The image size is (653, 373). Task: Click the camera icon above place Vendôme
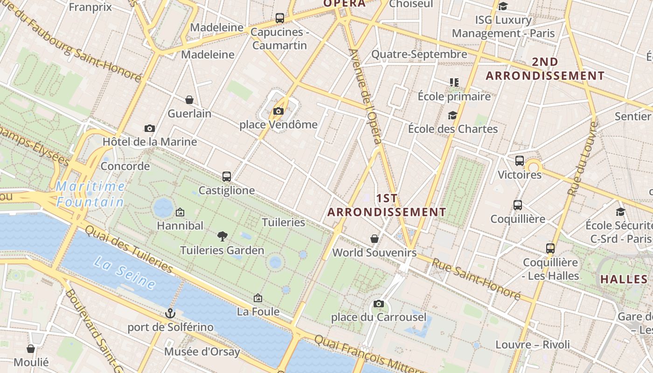pos(278,111)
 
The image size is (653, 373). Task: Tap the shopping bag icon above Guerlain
pos(189,100)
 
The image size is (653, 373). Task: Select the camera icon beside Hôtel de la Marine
pos(150,128)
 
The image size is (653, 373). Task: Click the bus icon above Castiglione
pos(227,177)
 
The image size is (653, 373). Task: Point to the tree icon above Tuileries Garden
pos(222,236)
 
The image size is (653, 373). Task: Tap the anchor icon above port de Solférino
pos(170,313)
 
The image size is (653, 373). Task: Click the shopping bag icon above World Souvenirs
pos(374,239)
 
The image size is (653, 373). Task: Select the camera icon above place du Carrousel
pos(379,304)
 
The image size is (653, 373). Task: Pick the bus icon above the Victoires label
pos(520,161)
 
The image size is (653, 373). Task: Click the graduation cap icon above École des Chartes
pos(452,115)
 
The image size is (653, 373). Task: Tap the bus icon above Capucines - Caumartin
pos(280,18)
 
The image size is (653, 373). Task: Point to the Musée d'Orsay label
pos(202,352)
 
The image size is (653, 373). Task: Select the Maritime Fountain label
pos(90,194)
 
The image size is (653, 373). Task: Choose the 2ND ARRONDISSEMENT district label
pos(545,69)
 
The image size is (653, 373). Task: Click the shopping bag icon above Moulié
pos(31,349)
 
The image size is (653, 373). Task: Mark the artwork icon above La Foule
pos(258,298)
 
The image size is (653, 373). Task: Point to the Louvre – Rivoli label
pos(533,345)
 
